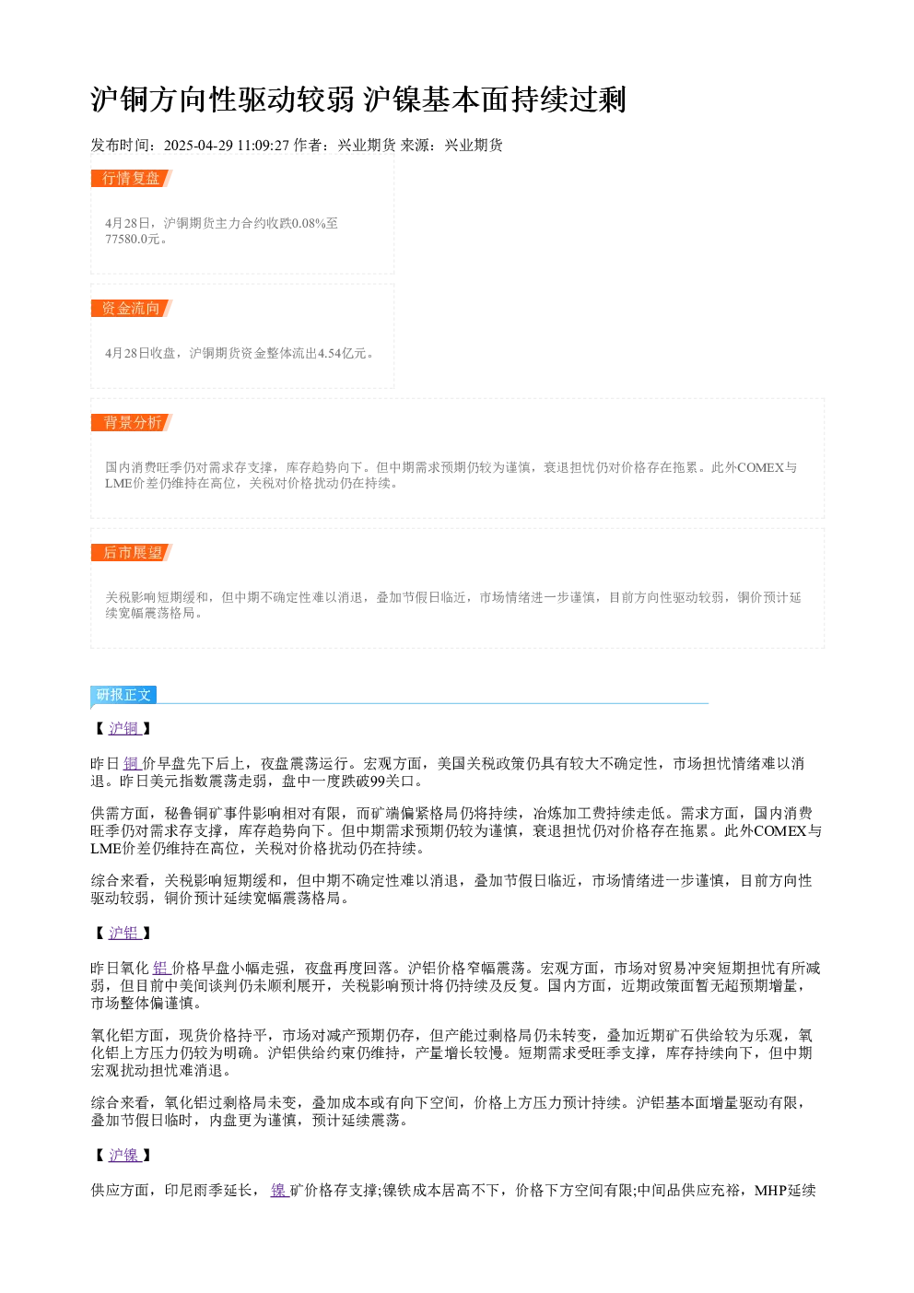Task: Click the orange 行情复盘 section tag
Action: (x=132, y=179)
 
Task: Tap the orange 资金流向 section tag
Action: (x=132, y=308)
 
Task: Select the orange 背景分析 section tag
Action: (x=132, y=422)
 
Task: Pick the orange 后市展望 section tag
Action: (x=132, y=552)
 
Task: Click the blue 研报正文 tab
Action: (x=123, y=694)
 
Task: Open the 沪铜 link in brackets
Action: (x=124, y=728)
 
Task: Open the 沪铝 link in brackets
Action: (x=124, y=933)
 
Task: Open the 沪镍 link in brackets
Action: (x=124, y=1155)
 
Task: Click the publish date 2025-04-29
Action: (x=198, y=146)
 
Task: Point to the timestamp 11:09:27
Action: (x=264, y=146)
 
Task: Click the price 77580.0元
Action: (x=132, y=239)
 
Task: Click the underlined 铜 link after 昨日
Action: (x=132, y=764)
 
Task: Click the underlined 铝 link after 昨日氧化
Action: (x=161, y=968)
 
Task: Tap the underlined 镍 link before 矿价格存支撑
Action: (x=279, y=1191)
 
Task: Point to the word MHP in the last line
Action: (x=770, y=1191)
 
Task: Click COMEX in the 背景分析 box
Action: (x=760, y=467)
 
